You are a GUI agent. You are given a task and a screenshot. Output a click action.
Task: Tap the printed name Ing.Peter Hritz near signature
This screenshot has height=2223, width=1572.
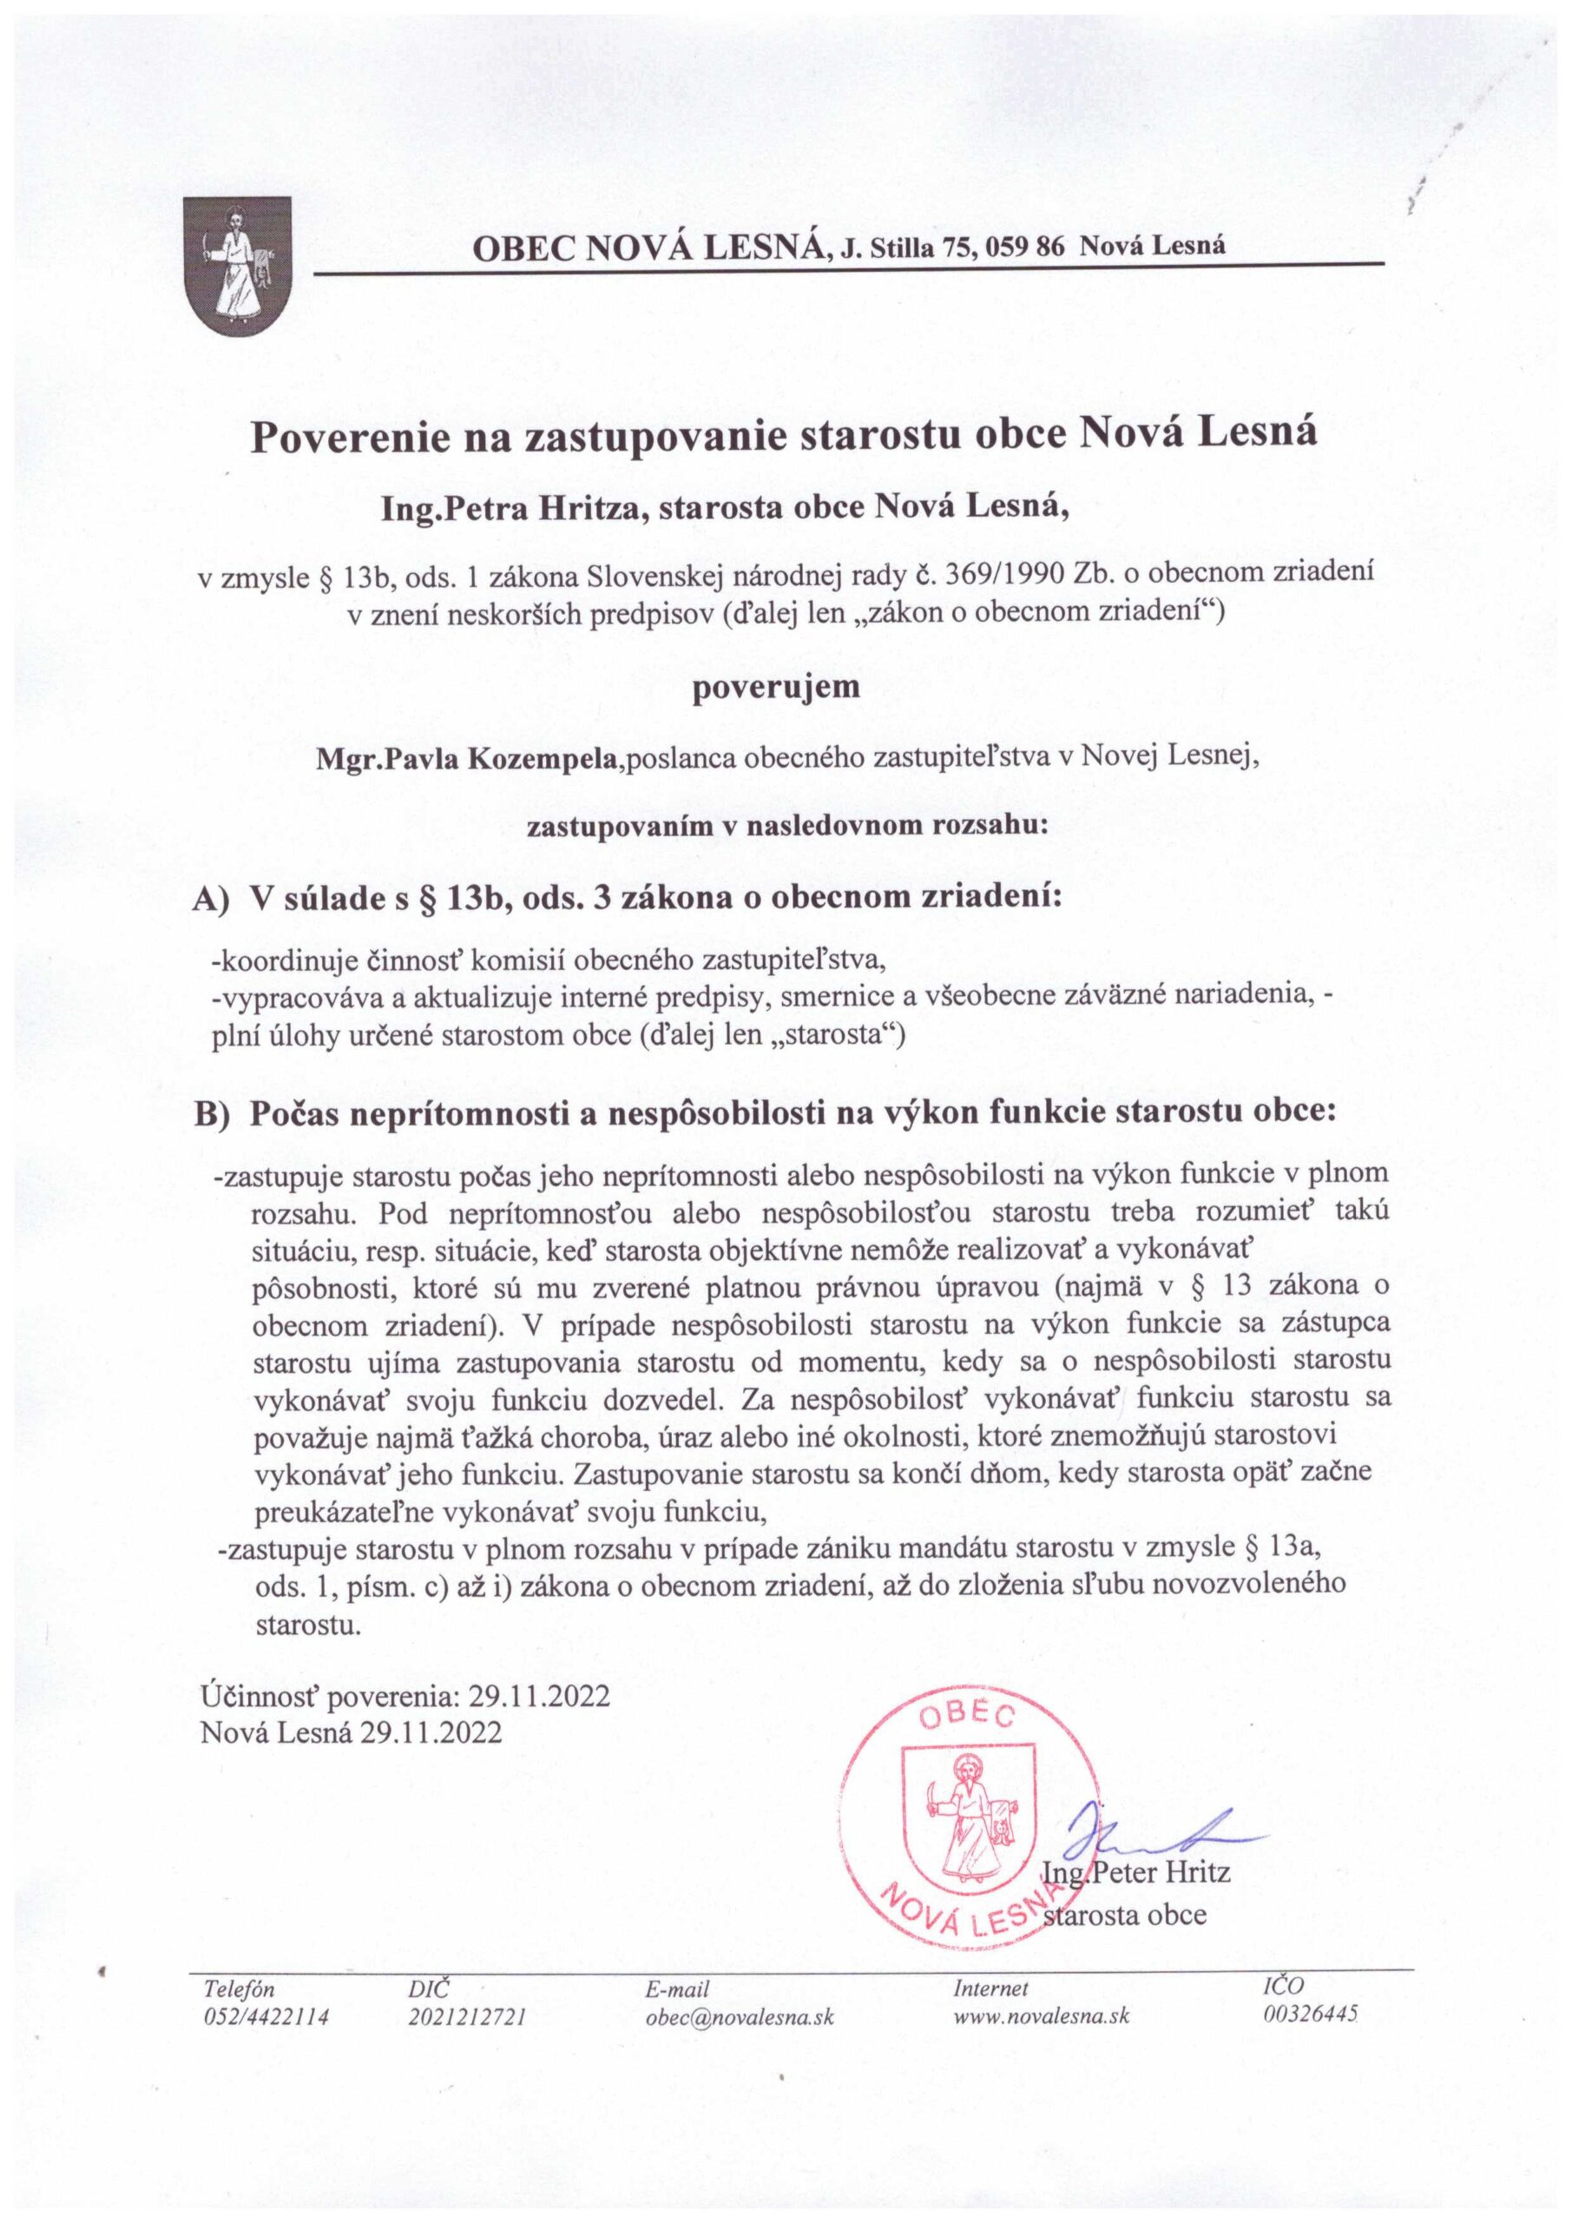tap(1136, 1872)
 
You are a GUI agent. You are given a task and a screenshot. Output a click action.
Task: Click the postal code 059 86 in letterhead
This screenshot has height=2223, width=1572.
tap(1025, 246)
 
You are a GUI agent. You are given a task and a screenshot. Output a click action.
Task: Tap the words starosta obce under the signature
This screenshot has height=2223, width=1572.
tap(1128, 1915)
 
